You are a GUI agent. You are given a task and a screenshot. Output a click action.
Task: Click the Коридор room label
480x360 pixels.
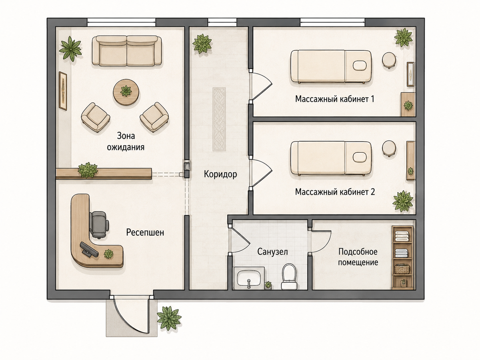[220, 174]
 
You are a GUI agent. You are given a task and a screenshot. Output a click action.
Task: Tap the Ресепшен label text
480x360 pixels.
[145, 232]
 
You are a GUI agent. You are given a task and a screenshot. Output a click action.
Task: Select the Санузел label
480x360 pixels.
[272, 252]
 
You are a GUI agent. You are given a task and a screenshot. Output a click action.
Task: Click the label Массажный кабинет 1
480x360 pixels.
[334, 99]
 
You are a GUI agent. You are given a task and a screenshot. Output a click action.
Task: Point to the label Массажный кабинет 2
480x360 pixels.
[335, 192]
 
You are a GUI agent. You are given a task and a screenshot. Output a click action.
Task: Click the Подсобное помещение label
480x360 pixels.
[358, 257]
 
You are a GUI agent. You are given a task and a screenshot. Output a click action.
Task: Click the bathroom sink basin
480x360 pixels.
[249, 280]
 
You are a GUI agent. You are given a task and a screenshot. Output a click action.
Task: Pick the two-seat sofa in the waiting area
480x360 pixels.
[127, 51]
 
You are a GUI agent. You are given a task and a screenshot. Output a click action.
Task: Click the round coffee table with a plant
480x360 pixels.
[126, 93]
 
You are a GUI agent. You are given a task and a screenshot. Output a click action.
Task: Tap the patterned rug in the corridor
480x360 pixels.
[219, 119]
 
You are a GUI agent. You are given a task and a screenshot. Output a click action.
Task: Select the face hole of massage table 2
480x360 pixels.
[360, 157]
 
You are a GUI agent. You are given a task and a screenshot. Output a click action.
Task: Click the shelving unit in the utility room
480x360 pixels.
[402, 258]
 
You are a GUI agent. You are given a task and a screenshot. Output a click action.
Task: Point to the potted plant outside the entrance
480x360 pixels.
[169, 318]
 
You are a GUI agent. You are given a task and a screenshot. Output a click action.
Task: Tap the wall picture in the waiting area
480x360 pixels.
[63, 91]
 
